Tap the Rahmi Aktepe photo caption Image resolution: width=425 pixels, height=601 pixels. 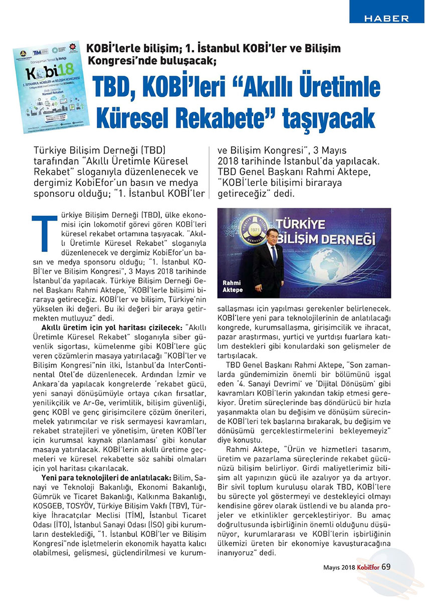pos(232,286)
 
